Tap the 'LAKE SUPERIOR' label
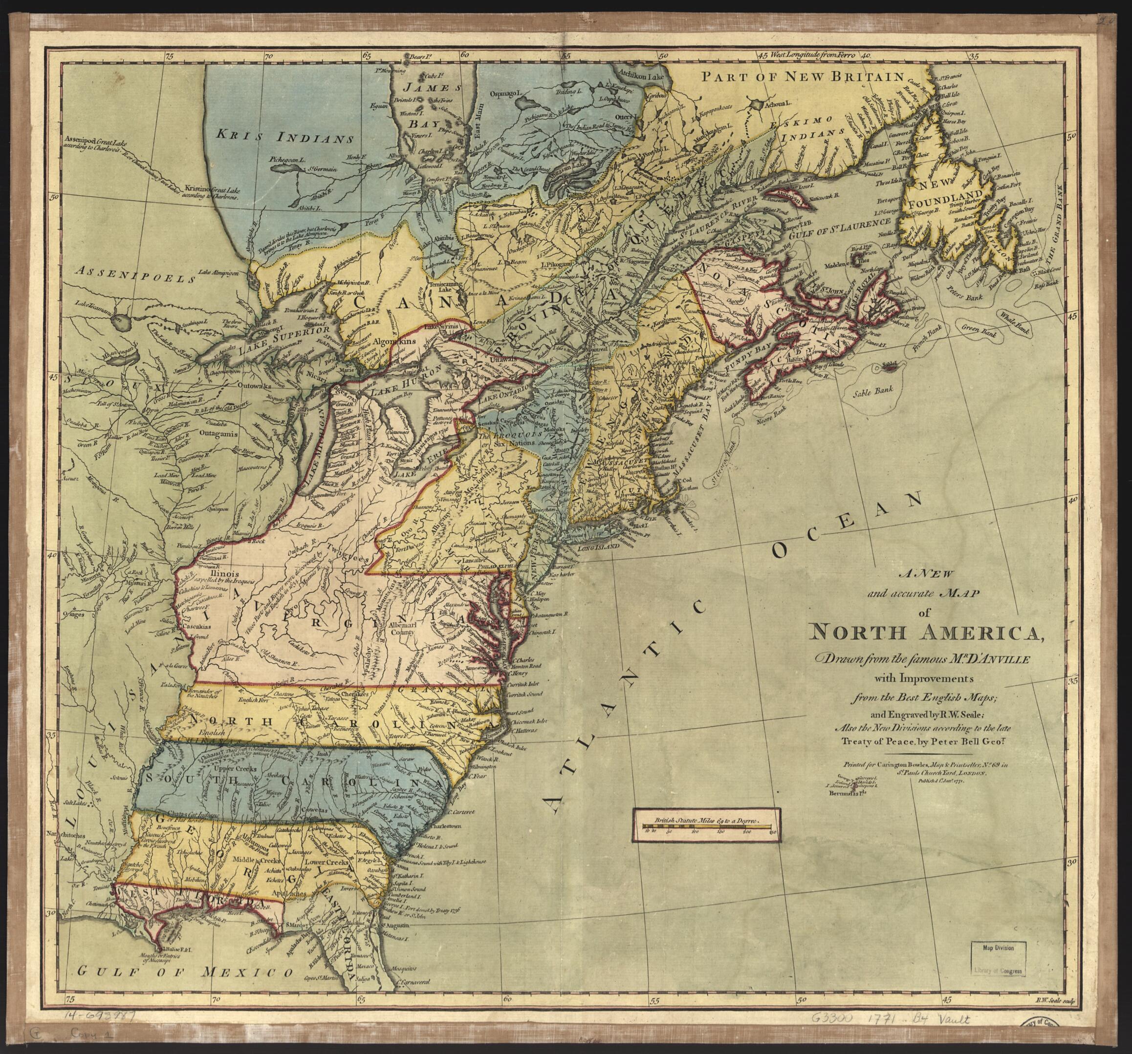285,339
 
